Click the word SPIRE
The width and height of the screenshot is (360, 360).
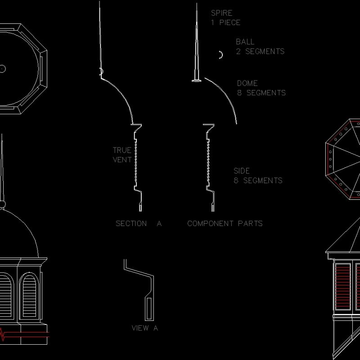(221, 13)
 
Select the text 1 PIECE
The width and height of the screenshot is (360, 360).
(225, 22)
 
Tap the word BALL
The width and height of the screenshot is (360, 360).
(245, 42)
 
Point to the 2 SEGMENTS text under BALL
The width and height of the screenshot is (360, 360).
(260, 51)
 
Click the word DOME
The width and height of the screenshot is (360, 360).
(247, 83)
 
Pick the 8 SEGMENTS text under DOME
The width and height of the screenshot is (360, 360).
(261, 93)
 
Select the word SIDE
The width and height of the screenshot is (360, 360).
(242, 171)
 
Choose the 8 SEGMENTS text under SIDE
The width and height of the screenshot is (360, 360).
(258, 180)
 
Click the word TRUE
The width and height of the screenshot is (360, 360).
(122, 150)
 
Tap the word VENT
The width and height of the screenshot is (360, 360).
(122, 159)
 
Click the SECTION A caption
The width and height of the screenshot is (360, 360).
(138, 223)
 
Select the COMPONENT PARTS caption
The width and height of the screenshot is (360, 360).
(225, 223)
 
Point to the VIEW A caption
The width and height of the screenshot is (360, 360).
(144, 328)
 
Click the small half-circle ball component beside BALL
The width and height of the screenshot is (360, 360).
(220, 55)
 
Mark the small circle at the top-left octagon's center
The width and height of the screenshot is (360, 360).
(2, 68)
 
